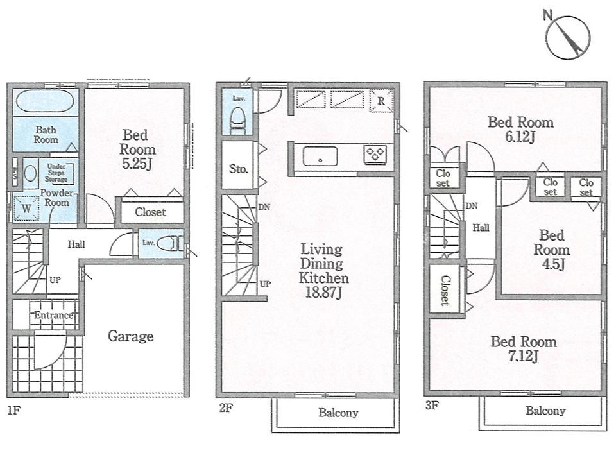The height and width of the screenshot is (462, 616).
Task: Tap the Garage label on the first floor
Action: (130, 336)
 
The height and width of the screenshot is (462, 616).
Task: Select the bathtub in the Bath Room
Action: (44, 103)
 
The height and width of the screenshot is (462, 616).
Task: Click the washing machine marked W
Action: (26, 208)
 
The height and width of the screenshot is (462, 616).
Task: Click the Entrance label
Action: (53, 316)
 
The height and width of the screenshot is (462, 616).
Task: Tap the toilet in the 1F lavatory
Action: (171, 244)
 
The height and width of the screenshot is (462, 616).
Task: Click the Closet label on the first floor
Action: (150, 212)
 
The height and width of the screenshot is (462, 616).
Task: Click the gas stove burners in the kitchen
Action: (374, 154)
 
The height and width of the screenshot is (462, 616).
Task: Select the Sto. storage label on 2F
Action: (238, 169)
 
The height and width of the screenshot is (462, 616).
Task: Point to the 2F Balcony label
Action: (338, 413)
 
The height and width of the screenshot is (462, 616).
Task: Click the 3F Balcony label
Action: (545, 411)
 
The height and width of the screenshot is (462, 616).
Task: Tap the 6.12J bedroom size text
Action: (520, 137)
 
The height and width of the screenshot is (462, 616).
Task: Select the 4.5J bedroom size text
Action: (552, 264)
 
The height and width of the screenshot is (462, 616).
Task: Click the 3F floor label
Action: (431, 406)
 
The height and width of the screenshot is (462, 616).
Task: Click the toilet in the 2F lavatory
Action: (237, 119)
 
